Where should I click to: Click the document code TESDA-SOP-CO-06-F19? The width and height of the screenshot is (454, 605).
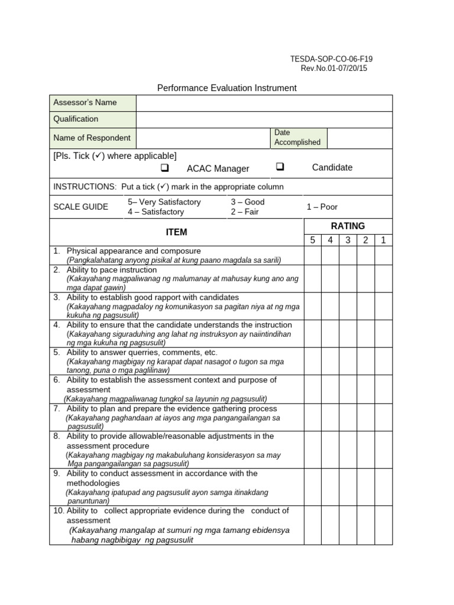tap(331, 59)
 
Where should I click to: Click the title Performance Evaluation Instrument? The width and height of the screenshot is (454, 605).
tap(226, 88)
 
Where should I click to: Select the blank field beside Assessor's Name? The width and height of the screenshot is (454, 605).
tap(264, 103)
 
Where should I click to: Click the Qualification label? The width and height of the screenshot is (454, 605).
tap(76, 119)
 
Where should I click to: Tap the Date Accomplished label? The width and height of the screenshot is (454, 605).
tap(297, 138)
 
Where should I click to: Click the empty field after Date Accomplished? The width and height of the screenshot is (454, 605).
tap(359, 138)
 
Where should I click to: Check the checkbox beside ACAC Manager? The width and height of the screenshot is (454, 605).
tap(165, 168)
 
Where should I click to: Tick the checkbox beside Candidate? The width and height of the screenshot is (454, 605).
tap(280, 167)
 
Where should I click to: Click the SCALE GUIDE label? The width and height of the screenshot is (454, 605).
tap(81, 207)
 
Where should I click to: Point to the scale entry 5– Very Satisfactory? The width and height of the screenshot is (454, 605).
tap(164, 202)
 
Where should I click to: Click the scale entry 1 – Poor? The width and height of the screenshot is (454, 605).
tap(322, 207)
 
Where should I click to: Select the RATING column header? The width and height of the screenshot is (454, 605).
tap(348, 226)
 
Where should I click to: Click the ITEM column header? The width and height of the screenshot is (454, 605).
tap(177, 232)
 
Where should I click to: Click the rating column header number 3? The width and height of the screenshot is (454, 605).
tap(348, 240)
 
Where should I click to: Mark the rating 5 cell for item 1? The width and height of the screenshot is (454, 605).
tap(313, 255)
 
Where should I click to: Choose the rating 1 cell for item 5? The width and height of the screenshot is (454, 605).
tap(384, 361)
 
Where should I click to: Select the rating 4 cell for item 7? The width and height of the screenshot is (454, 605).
tap(330, 417)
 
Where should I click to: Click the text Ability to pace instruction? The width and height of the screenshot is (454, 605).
tap(112, 269)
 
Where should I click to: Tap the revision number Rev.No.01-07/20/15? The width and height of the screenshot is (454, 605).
tap(334, 68)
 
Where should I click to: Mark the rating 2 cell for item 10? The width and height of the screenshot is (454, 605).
tap(366, 525)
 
